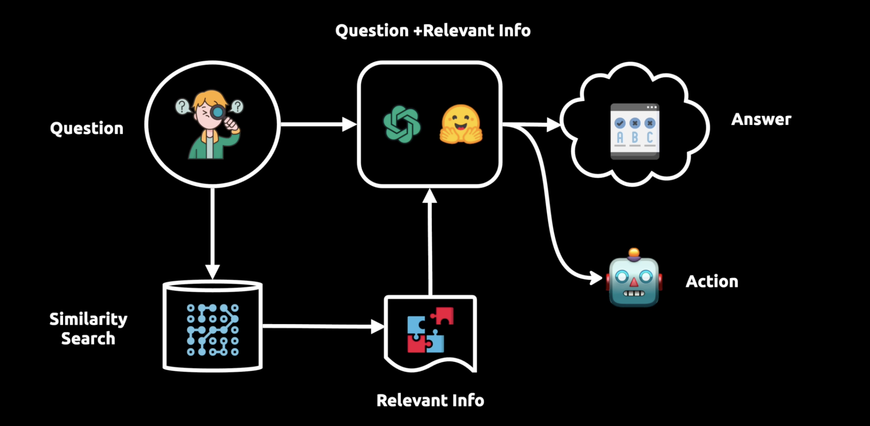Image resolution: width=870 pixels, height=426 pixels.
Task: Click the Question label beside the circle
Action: click(87, 128)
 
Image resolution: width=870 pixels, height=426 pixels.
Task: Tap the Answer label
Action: click(761, 119)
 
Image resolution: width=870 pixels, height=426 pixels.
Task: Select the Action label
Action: click(712, 281)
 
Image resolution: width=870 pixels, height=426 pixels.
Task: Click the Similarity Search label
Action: click(88, 328)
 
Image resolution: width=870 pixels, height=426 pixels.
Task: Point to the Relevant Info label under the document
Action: click(430, 400)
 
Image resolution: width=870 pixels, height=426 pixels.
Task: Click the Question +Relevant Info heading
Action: click(433, 31)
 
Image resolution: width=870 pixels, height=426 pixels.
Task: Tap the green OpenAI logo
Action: click(401, 124)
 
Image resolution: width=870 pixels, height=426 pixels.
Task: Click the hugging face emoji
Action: click(461, 125)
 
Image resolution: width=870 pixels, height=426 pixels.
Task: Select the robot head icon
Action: click(634, 281)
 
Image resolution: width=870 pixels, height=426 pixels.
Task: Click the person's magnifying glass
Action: click(218, 112)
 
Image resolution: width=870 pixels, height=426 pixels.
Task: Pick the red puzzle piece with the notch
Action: click(443, 315)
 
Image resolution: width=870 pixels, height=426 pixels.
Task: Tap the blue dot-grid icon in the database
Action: click(213, 330)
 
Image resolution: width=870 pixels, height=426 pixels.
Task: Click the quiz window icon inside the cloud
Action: click(634, 131)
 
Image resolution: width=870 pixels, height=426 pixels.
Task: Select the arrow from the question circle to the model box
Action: click(318, 125)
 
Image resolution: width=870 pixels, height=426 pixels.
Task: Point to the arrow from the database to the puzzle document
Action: click(322, 326)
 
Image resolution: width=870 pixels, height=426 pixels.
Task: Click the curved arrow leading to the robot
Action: click(549, 209)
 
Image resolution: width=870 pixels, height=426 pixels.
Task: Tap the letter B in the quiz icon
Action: click(635, 138)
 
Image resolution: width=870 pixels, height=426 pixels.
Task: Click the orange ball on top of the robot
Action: click(634, 253)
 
